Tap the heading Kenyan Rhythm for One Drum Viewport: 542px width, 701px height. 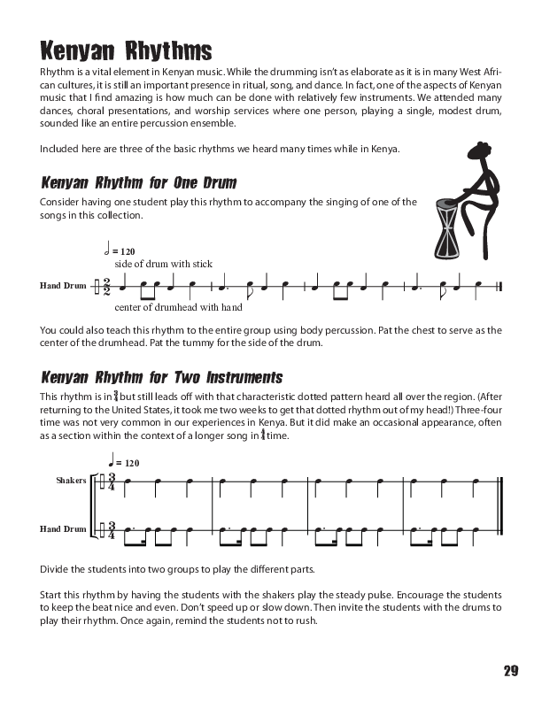(138, 183)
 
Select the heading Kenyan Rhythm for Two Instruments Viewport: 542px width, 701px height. (161, 377)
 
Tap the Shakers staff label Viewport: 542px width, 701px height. (71, 480)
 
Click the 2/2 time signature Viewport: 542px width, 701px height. (105, 287)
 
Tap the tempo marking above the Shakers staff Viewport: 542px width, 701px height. (123, 461)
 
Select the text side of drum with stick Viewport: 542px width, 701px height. (164, 264)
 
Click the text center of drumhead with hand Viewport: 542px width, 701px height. (178, 308)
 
